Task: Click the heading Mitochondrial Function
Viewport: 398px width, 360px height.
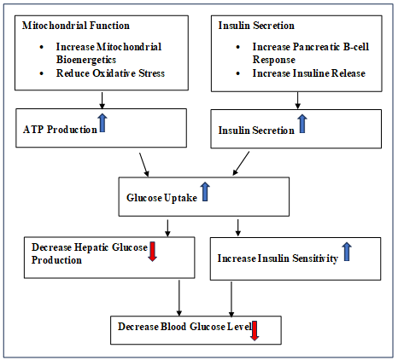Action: click(x=76, y=26)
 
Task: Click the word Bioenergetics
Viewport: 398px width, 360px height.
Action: click(x=86, y=60)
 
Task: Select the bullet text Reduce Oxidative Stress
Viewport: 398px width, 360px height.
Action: click(x=110, y=73)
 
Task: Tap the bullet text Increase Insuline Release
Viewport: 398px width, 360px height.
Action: click(x=308, y=73)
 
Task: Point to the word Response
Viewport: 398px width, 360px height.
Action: click(x=274, y=60)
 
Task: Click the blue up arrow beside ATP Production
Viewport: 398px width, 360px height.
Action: click(x=102, y=123)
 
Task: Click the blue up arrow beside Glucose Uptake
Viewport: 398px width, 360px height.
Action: click(x=205, y=192)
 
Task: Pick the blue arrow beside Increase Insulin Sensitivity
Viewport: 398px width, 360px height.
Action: click(x=347, y=252)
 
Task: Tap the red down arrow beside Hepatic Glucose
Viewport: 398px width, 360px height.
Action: click(x=153, y=252)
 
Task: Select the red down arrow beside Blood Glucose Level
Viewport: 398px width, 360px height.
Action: click(x=255, y=331)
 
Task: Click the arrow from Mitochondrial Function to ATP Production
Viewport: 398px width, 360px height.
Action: click(x=102, y=100)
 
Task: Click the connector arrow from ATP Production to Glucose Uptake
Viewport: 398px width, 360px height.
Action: click(x=144, y=165)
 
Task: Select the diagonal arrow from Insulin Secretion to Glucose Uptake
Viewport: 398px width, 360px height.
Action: click(x=241, y=163)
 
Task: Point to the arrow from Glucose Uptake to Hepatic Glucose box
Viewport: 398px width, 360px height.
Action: click(x=167, y=228)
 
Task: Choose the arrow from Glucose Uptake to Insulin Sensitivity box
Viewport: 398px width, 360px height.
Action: click(x=238, y=228)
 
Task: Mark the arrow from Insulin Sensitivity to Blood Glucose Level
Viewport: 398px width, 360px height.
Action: click(x=231, y=299)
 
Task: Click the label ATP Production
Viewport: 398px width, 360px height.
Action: click(x=60, y=130)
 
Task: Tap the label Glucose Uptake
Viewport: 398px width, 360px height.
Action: click(x=161, y=198)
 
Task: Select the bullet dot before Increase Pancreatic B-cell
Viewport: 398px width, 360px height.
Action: click(x=238, y=47)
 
